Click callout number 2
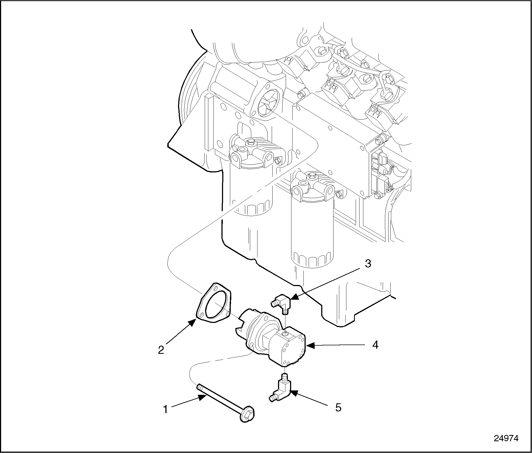pyautogui.click(x=161, y=350)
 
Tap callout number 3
pyautogui.click(x=368, y=264)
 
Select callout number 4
pyautogui.click(x=375, y=345)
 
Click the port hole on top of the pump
pyautogui.click(x=285, y=334)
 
